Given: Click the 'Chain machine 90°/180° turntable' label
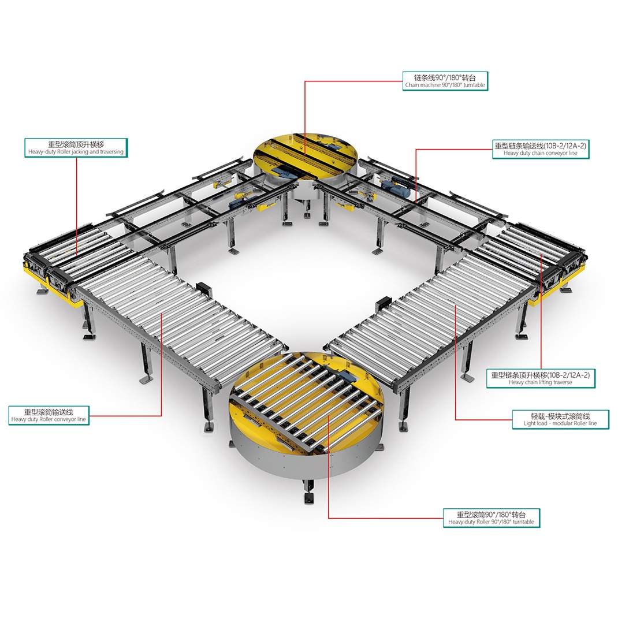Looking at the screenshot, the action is pyautogui.click(x=445, y=81).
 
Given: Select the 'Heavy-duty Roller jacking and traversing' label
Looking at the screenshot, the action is pyautogui.click(x=76, y=148).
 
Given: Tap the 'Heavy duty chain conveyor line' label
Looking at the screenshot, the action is pyautogui.click(x=541, y=150).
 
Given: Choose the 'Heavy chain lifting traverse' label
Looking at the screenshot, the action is pyautogui.click(x=541, y=378).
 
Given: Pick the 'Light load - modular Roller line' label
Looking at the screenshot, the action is pyautogui.click(x=560, y=419).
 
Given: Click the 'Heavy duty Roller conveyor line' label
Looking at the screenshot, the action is pyautogui.click(x=49, y=416).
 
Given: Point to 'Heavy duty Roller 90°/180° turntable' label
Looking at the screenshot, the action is pyautogui.click(x=491, y=518).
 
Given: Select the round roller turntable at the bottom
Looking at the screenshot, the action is pyautogui.click(x=307, y=415).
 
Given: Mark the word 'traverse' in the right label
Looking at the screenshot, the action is pyautogui.click(x=561, y=382).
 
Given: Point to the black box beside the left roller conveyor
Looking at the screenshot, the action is pyautogui.click(x=204, y=290).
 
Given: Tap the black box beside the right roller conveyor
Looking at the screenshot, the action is pyautogui.click(x=383, y=304).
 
